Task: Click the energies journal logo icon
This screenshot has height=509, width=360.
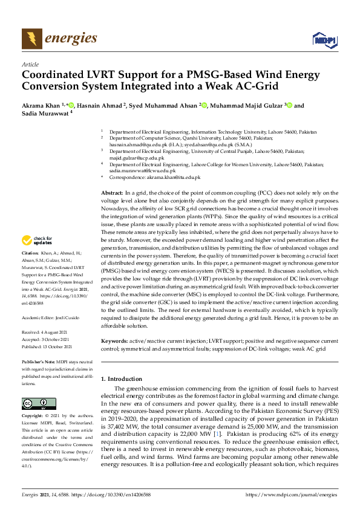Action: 32,39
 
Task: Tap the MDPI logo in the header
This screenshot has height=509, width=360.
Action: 323,40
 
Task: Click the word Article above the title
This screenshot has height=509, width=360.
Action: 30,64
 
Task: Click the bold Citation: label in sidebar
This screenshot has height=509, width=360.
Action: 30,269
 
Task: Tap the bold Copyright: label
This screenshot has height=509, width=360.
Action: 34,417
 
